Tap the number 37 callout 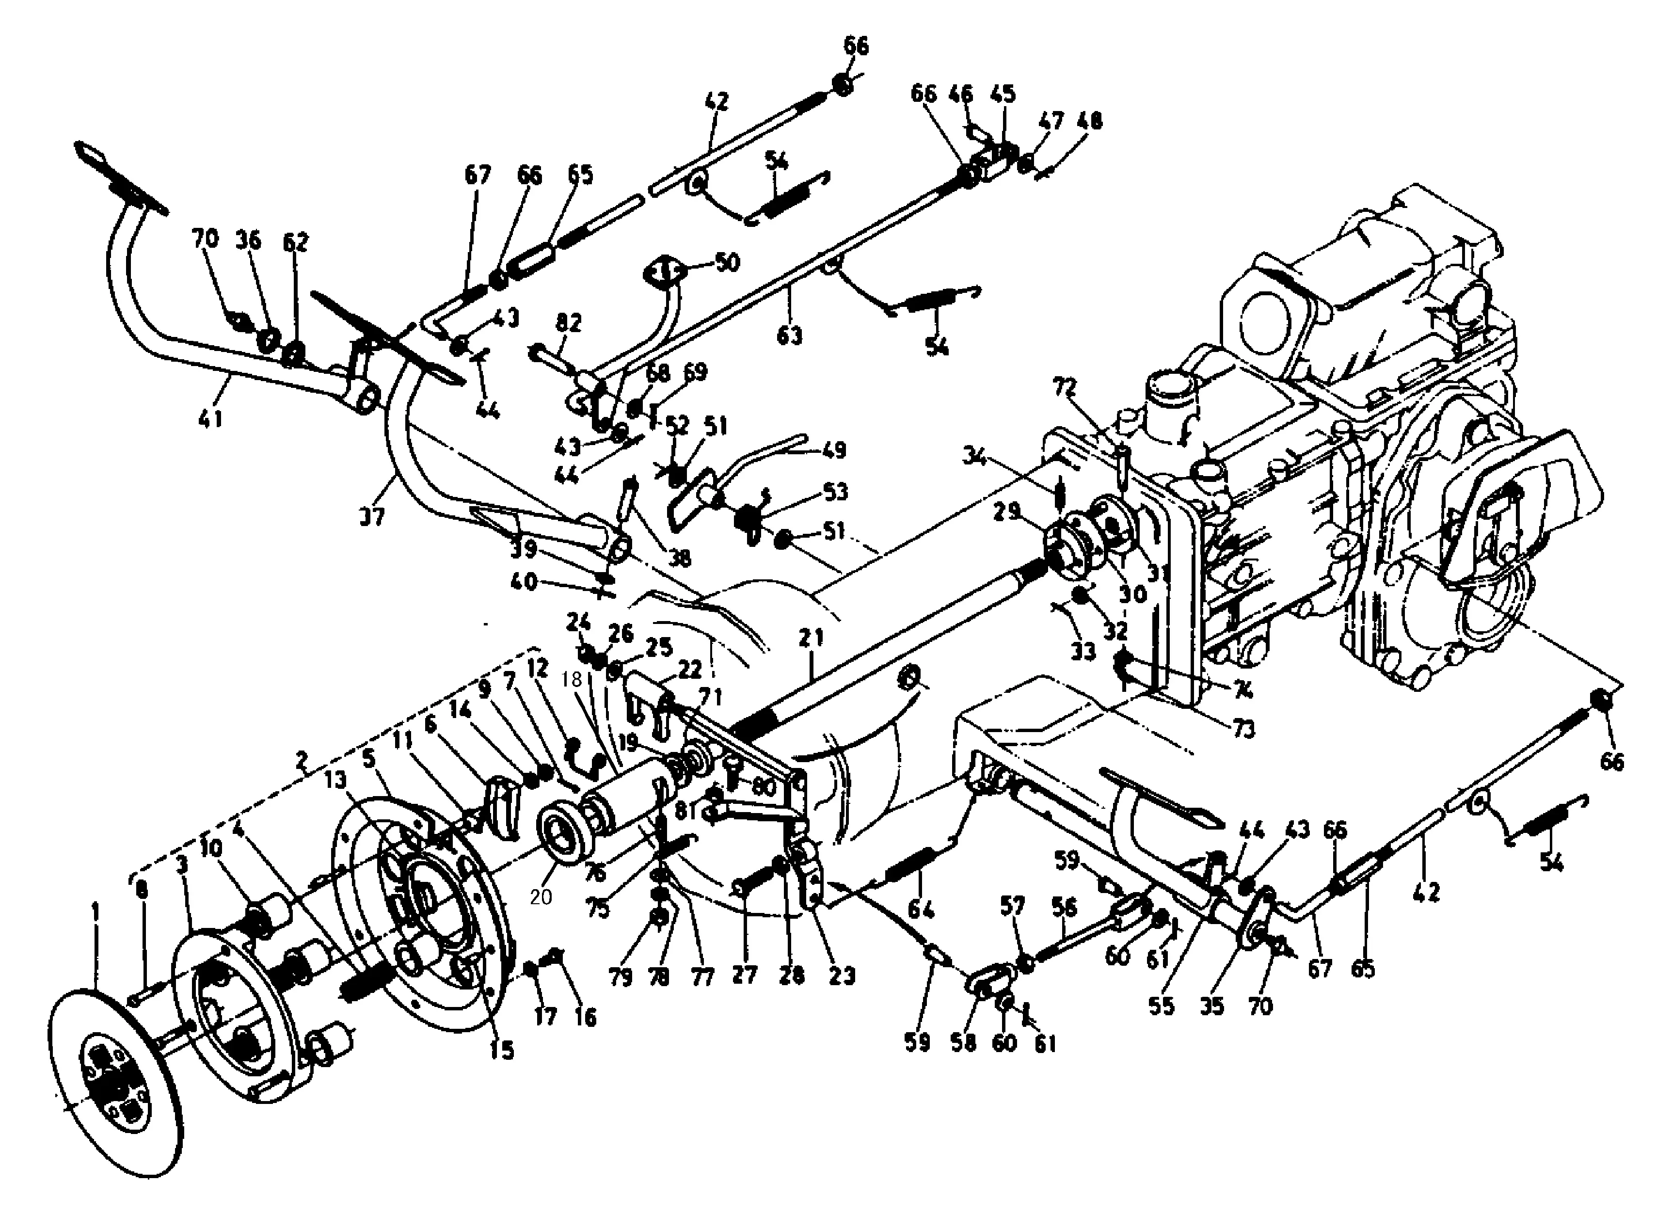pos(372,517)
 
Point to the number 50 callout pos(726,262)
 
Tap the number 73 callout pos(1243,729)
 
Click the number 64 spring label pos(920,910)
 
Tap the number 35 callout pos(1212,1006)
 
